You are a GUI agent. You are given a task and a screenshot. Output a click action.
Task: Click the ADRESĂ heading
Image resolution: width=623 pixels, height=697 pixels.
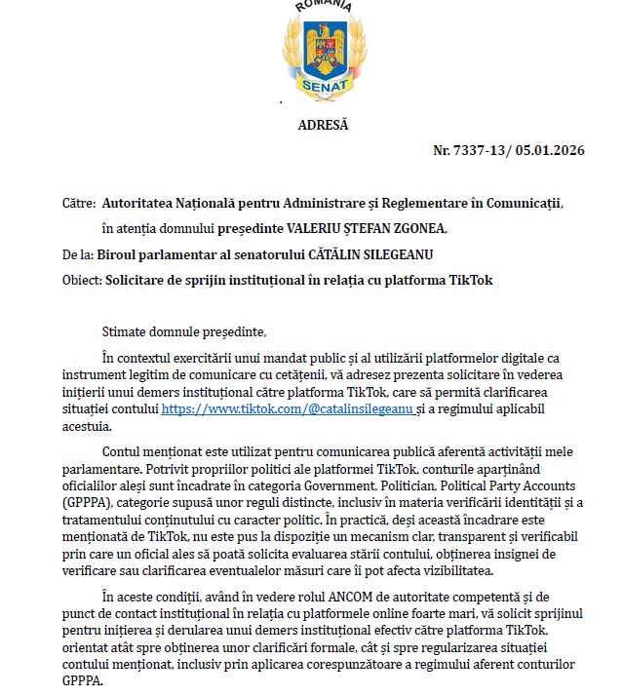pos(322,124)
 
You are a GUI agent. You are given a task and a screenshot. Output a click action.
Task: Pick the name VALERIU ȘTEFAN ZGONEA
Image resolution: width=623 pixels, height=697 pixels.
pos(344,229)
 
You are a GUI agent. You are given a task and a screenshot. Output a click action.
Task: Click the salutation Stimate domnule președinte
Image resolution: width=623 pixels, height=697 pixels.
pos(182,332)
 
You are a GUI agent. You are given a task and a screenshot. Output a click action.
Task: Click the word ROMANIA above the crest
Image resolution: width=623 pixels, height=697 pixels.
pos(323,5)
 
